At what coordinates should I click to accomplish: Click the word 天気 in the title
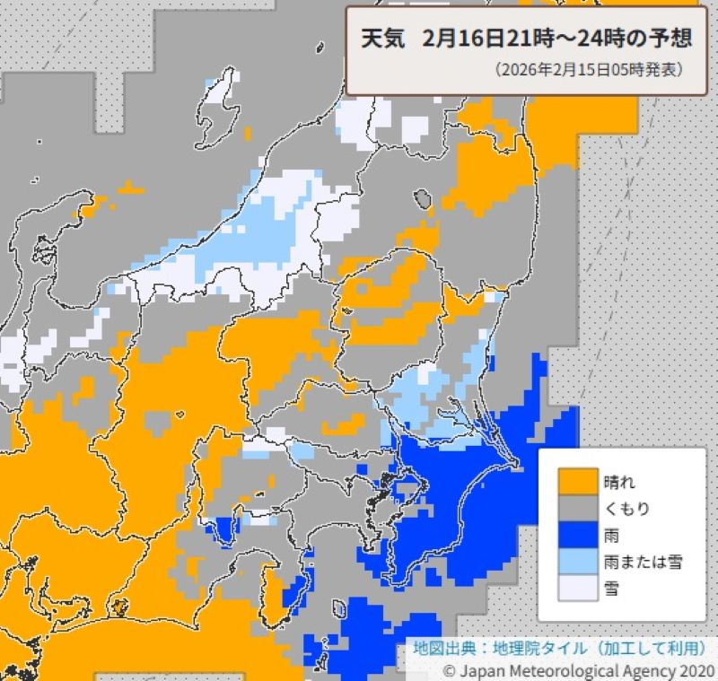pyautogui.click(x=382, y=40)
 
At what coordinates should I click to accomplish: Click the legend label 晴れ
pyautogui.click(x=618, y=481)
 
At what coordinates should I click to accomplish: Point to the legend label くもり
pyautogui.click(x=626, y=508)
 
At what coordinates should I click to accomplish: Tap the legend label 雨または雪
pyautogui.click(x=643, y=562)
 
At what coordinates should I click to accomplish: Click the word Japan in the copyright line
pyautogui.click(x=482, y=670)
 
